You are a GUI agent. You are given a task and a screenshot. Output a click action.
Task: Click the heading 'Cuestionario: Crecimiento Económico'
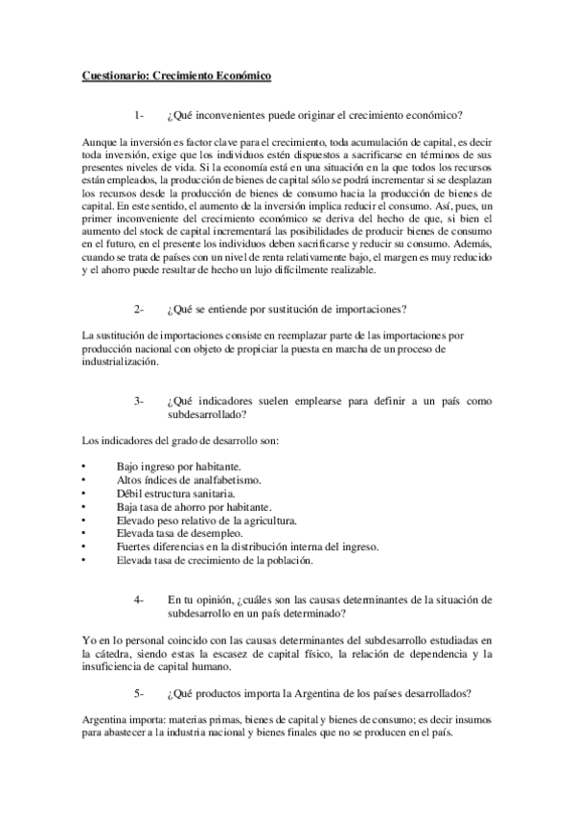(x=176, y=74)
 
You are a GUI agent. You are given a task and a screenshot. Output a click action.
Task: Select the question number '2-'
(x=141, y=309)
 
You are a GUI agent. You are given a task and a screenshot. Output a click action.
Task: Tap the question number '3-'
(x=141, y=400)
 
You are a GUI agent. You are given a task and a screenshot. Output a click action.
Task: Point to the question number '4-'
(x=141, y=599)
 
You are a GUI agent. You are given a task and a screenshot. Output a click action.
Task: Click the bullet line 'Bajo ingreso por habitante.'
(x=172, y=465)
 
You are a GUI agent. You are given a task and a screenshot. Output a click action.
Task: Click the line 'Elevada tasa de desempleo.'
(x=172, y=533)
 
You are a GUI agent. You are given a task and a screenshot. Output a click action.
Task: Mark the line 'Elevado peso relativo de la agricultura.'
(x=204, y=520)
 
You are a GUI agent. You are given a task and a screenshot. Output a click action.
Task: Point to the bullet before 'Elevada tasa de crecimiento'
(x=85, y=560)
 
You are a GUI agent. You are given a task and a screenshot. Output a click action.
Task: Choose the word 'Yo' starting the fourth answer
(x=88, y=639)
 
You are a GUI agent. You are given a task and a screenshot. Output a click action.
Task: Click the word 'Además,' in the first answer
(x=474, y=244)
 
